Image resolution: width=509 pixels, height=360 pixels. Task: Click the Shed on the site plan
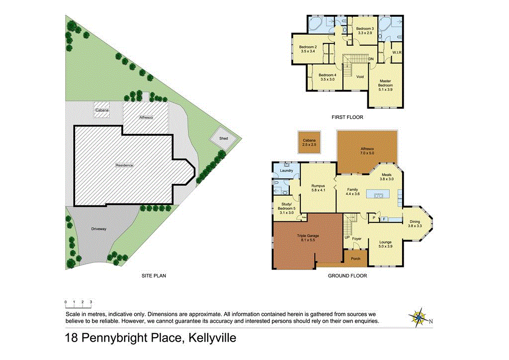(224, 138)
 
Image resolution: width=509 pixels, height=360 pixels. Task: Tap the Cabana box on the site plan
(102, 110)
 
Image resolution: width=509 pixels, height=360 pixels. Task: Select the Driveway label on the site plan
(99, 229)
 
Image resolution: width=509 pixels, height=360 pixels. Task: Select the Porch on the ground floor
(355, 258)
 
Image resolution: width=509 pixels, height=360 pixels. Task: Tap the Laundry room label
(286, 171)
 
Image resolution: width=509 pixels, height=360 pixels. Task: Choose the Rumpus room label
(318, 188)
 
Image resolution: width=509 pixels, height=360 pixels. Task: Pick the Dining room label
(415, 224)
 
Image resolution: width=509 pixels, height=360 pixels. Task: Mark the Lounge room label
(385, 244)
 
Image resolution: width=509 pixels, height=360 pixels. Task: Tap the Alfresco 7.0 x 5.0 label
(367, 151)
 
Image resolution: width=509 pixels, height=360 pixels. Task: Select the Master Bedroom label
(385, 85)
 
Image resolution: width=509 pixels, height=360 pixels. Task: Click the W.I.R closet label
(397, 52)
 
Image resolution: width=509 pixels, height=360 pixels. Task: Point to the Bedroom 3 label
(364, 30)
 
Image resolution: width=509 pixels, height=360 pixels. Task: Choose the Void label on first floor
(360, 77)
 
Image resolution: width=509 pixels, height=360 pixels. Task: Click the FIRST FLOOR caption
(347, 117)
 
